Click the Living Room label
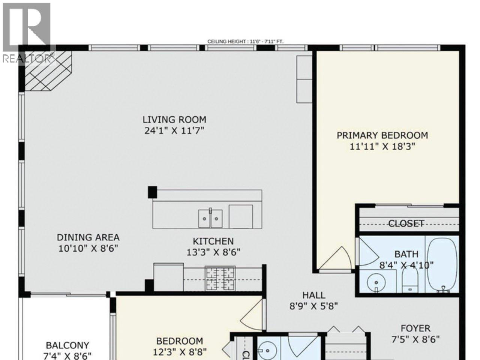[174, 120]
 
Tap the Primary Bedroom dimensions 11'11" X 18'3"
[382, 146]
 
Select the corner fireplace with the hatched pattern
[48, 71]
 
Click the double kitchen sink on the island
[210, 218]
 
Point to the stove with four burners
[220, 279]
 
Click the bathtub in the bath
[442, 264]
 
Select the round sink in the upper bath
[374, 282]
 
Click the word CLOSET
[406, 224]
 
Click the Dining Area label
[88, 237]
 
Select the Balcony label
[67, 345]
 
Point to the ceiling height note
[246, 42]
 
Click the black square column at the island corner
[152, 192]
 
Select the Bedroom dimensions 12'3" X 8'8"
[180, 352]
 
